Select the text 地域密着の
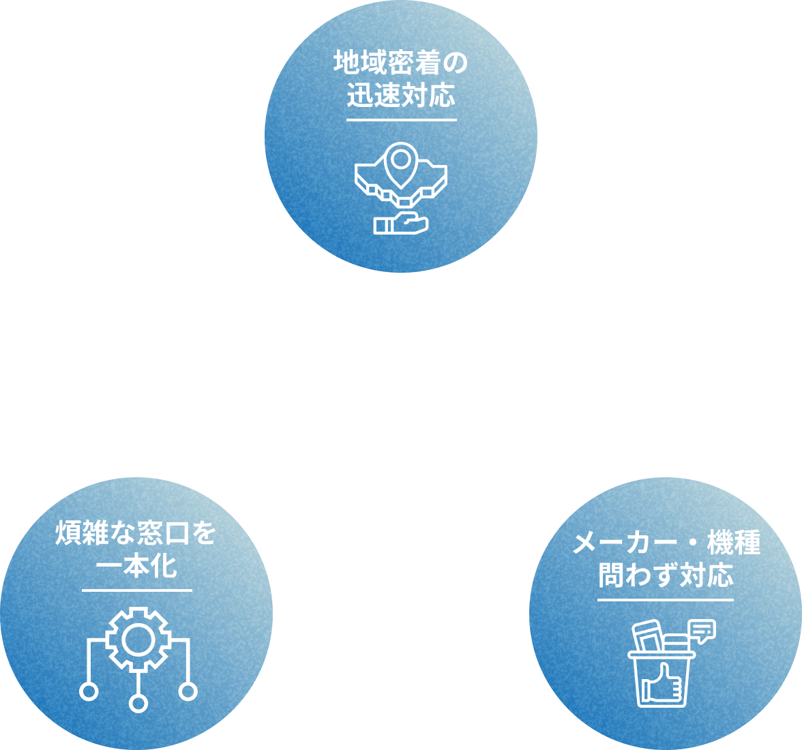(x=400, y=63)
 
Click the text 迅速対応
(x=400, y=95)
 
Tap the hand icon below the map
(x=400, y=223)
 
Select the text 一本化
(x=136, y=566)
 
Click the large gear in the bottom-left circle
(x=138, y=639)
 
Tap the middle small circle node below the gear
(x=138, y=703)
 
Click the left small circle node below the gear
(x=88, y=691)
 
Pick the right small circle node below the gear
(x=188, y=691)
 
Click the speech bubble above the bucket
(x=702, y=630)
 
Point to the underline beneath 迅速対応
(x=400, y=120)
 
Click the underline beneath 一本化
(x=136, y=590)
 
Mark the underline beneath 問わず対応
(x=666, y=601)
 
